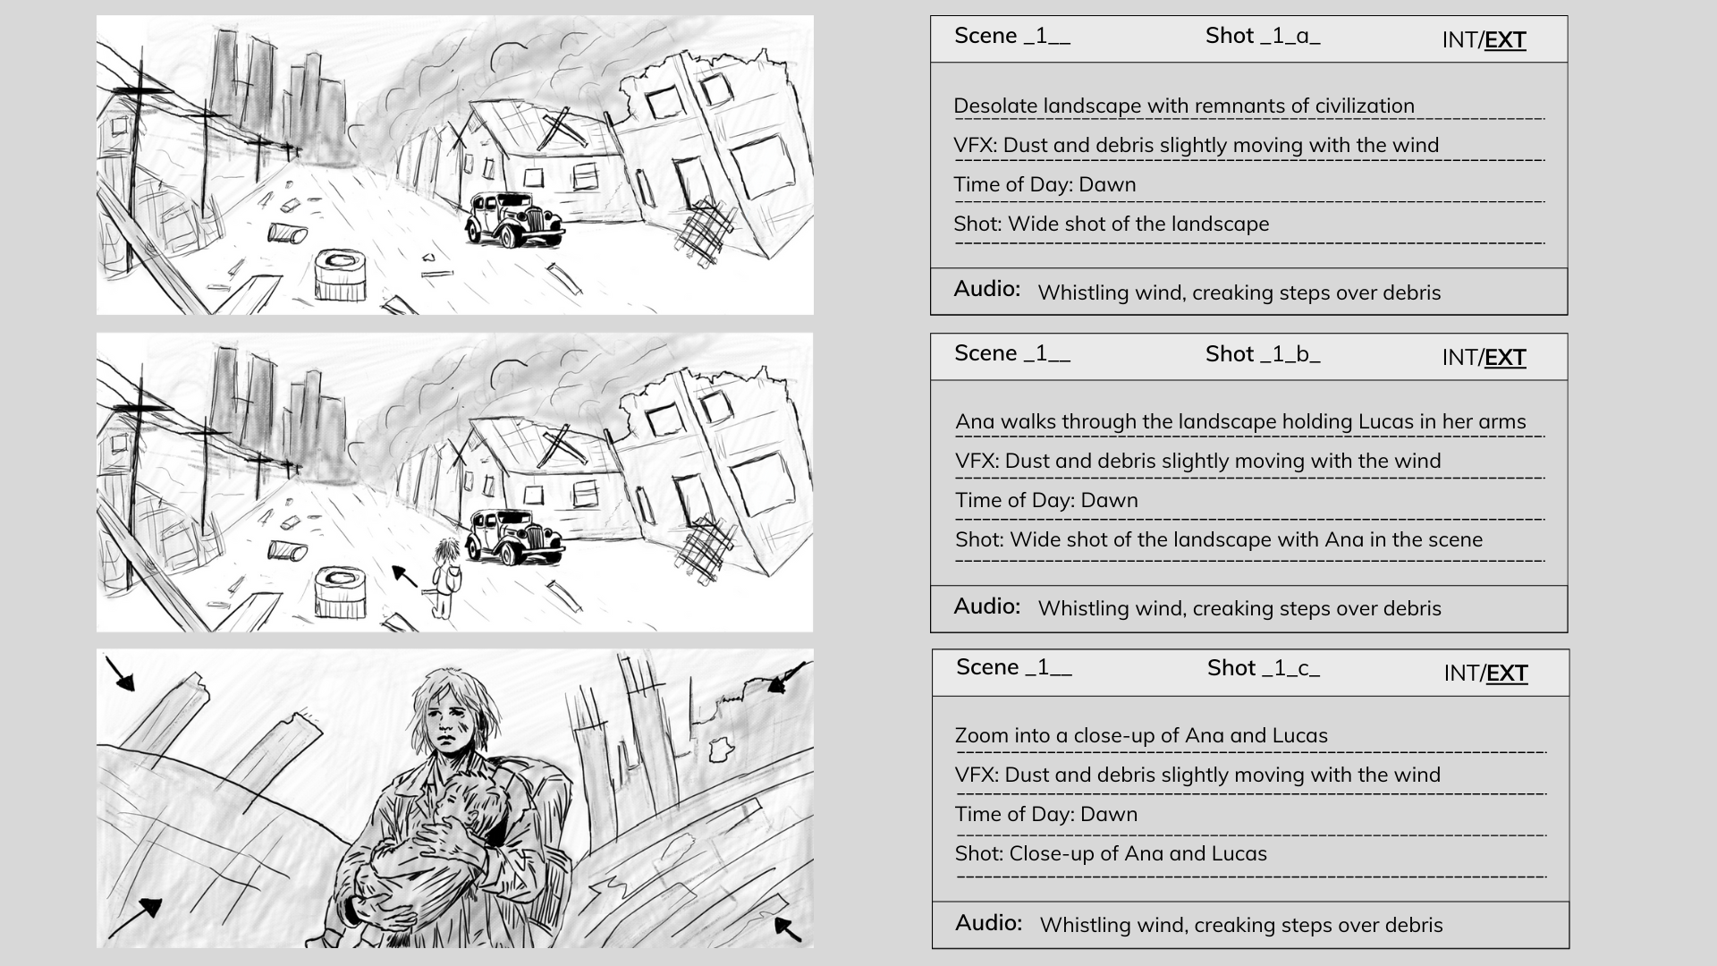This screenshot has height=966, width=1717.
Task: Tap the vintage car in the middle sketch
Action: tap(515, 537)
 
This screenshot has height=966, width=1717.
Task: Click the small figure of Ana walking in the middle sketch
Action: tap(444, 578)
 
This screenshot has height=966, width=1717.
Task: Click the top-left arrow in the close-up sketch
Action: tap(120, 674)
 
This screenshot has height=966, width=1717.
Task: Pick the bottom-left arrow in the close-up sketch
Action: tap(136, 918)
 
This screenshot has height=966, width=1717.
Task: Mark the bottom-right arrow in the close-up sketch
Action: tap(787, 928)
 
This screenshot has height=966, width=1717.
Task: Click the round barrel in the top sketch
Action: tap(341, 275)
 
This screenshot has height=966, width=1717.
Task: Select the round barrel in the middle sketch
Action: tap(341, 591)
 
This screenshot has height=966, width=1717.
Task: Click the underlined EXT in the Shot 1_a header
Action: tap(1505, 40)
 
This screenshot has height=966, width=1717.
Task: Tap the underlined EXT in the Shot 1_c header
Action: tap(1507, 674)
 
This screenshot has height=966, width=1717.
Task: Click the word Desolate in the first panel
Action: tap(995, 106)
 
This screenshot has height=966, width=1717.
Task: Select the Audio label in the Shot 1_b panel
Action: tap(987, 606)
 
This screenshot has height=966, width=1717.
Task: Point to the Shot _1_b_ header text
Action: tap(1263, 354)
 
